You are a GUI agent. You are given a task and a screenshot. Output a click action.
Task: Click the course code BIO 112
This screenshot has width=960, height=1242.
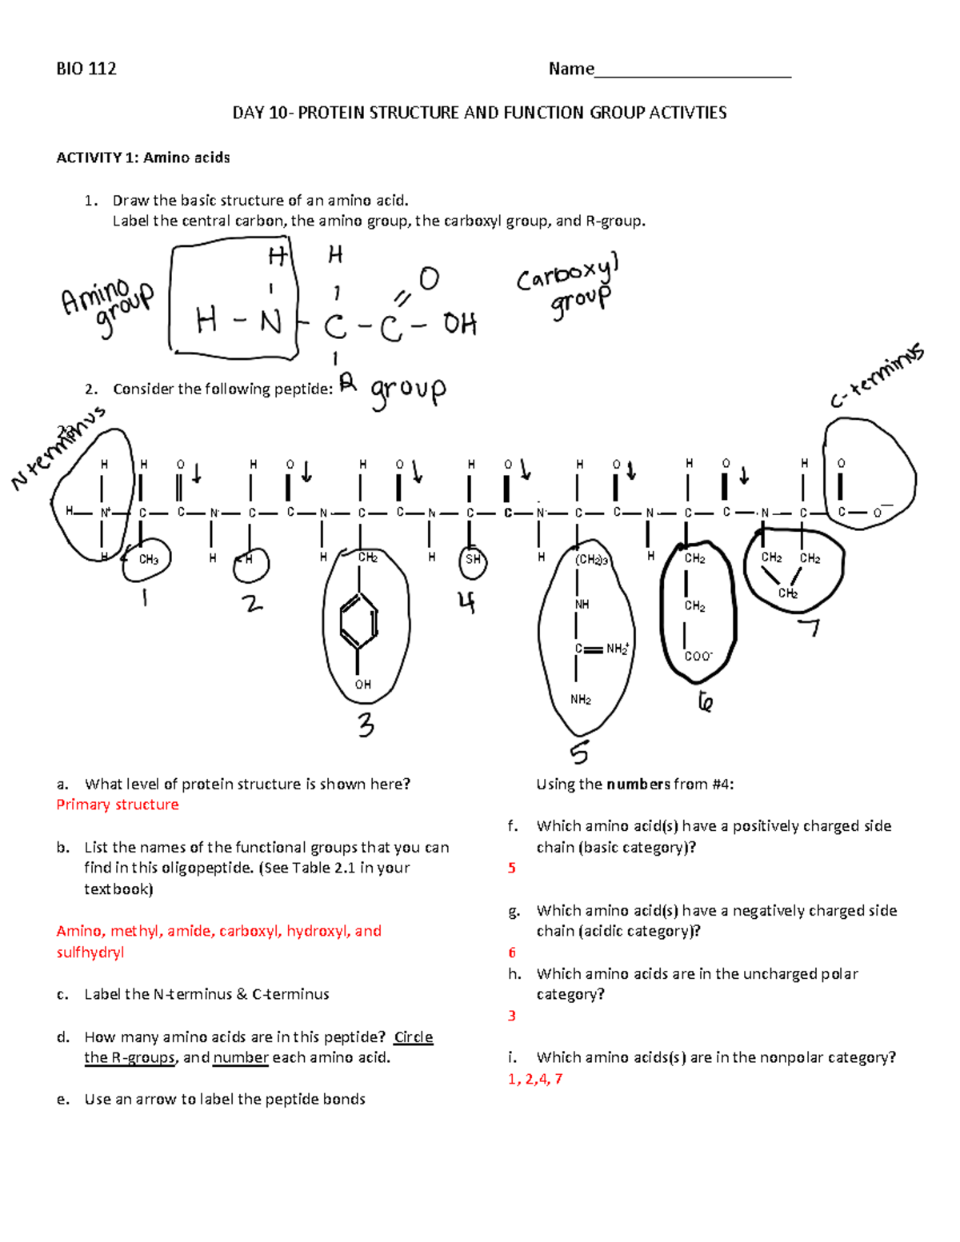pyautogui.click(x=86, y=69)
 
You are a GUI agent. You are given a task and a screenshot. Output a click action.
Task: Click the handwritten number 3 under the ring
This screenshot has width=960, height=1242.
pyautogui.click(x=366, y=725)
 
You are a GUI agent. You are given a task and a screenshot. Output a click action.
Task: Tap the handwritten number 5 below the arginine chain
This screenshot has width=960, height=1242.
pyautogui.click(x=579, y=753)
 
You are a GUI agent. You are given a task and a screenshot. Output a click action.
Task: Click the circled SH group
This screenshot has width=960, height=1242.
pyautogui.click(x=473, y=559)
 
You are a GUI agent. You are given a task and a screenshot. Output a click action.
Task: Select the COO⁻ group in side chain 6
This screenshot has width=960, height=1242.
pyautogui.click(x=698, y=657)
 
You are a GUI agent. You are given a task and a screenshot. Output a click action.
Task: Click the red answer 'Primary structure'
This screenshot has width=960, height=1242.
pyautogui.click(x=118, y=805)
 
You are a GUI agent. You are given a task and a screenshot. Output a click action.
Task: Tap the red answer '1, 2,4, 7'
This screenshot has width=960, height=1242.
pyautogui.click(x=535, y=1079)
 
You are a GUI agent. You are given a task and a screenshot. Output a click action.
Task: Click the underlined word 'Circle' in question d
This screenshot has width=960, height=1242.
pyautogui.click(x=414, y=1037)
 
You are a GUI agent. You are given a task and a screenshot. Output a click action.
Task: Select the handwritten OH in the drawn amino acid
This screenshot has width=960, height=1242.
pyautogui.click(x=459, y=324)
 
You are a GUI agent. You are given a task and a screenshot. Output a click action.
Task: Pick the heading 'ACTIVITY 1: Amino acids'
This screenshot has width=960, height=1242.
pyautogui.click(x=143, y=158)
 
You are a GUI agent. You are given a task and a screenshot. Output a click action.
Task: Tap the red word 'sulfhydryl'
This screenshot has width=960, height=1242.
pyautogui.click(x=90, y=952)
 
